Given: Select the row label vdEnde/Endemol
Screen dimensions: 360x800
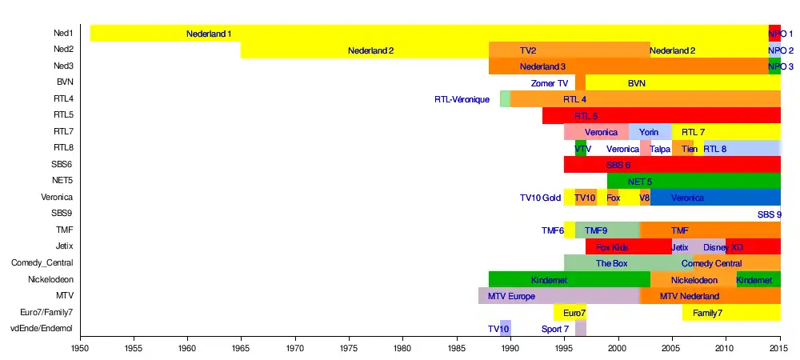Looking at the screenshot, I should (41, 328).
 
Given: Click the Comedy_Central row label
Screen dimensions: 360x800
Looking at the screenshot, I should (42, 262).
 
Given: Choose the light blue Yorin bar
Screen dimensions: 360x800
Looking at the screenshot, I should (650, 132).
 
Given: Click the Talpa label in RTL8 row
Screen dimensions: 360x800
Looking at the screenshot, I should (660, 149).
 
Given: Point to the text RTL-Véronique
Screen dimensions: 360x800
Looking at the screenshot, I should (462, 99).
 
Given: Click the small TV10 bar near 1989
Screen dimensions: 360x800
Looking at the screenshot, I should (506, 328).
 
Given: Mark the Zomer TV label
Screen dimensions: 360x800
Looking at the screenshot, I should (550, 83).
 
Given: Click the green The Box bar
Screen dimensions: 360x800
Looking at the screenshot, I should (612, 263).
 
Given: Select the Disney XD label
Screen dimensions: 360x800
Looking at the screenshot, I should (723, 247).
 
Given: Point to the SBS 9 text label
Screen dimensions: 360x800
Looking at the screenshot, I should (770, 214).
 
